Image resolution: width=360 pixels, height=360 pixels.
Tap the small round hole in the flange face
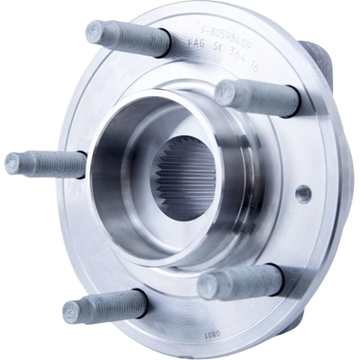click(303, 192)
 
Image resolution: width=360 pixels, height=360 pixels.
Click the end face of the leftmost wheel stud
click(13, 164)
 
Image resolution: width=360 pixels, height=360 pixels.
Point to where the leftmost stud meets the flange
click(84, 165)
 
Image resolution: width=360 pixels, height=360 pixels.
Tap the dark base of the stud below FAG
click(292, 102)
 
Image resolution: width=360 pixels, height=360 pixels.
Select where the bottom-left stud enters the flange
click(141, 301)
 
